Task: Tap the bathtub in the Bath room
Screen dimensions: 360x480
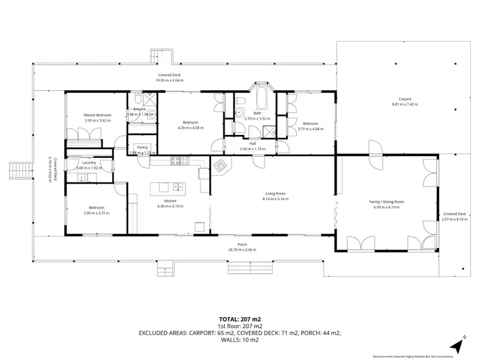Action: click(261, 101)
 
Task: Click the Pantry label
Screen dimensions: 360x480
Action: click(142, 147)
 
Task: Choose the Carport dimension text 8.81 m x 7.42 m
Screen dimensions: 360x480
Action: click(404, 104)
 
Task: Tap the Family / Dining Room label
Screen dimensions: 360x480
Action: click(387, 202)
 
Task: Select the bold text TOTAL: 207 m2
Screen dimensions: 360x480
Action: click(240, 318)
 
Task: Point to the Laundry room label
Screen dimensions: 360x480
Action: click(90, 162)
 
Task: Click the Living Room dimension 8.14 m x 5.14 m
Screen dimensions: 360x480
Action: click(275, 199)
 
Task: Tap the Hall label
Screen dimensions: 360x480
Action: click(252, 144)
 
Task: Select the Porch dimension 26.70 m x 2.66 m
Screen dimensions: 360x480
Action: click(243, 249)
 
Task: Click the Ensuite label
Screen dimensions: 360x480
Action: click(140, 109)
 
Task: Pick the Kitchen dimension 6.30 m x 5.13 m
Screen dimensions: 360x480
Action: click(170, 206)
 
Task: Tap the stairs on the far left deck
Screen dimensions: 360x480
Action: click(17, 171)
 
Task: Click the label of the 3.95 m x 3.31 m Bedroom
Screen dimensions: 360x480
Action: click(97, 208)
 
